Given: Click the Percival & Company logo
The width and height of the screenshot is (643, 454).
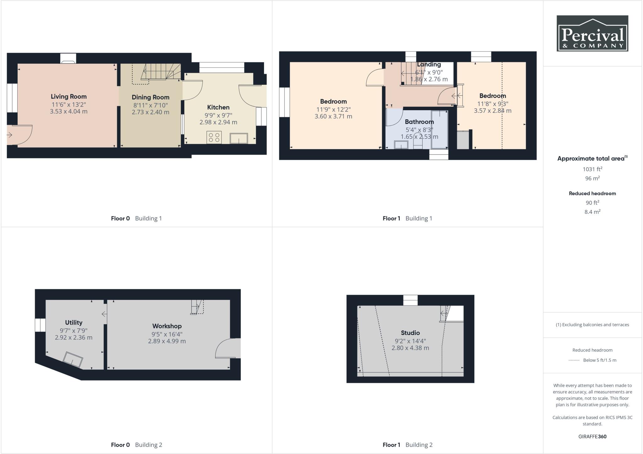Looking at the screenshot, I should (x=592, y=33).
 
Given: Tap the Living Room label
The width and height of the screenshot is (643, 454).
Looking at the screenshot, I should (x=68, y=97).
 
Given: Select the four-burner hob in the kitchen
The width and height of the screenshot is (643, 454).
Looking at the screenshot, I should (x=214, y=137).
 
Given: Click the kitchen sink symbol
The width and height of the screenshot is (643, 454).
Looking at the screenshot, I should (x=239, y=138).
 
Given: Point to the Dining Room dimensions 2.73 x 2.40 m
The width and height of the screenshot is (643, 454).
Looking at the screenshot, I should (x=150, y=112).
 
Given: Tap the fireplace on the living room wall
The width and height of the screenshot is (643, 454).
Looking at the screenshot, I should (x=68, y=59).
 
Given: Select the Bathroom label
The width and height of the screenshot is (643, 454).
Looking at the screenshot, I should (x=419, y=122).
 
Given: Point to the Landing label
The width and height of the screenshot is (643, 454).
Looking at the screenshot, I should (x=429, y=65).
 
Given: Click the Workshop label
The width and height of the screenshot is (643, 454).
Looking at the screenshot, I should (x=167, y=326).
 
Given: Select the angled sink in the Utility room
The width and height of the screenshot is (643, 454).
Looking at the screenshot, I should (x=73, y=360).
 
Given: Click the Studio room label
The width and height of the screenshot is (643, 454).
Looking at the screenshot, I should (x=410, y=333).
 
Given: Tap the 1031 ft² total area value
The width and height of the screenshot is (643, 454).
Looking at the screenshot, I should (x=592, y=169).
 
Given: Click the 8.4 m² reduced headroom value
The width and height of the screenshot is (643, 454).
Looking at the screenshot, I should (x=592, y=212).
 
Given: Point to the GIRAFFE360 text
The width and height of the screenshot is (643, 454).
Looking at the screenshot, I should (x=592, y=436).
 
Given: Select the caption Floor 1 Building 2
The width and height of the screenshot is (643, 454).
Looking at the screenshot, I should (x=407, y=445).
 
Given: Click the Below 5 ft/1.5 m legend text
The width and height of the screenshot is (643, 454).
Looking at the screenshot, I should (x=599, y=360).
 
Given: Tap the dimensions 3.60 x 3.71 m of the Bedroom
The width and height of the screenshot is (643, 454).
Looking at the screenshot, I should (x=333, y=116).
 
